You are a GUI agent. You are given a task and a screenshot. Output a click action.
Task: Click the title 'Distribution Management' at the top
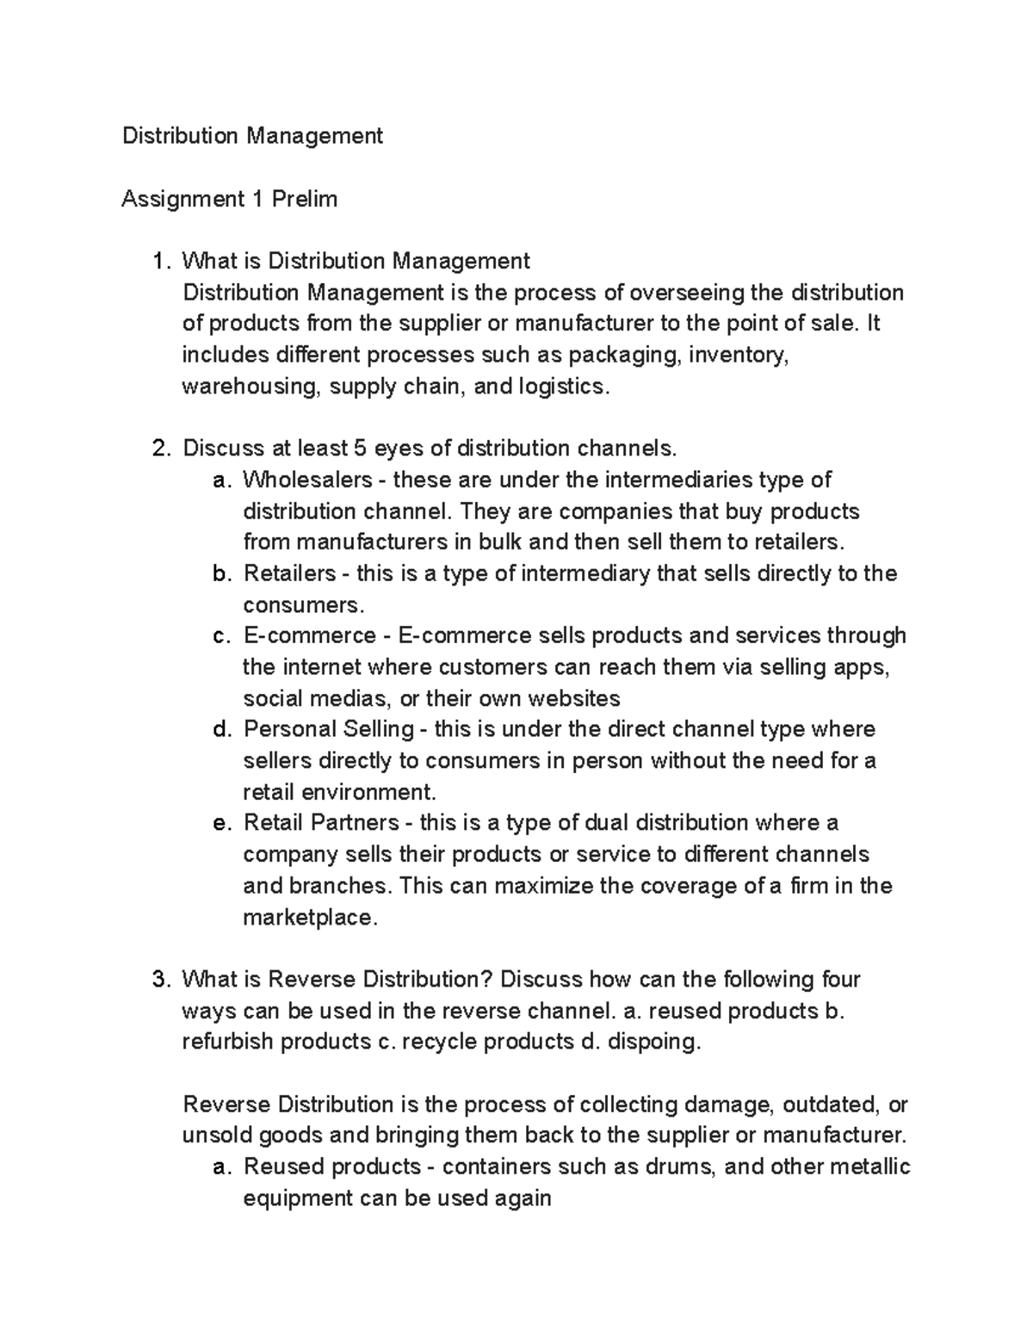(252, 136)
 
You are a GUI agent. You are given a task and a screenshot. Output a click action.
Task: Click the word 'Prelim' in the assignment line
(304, 199)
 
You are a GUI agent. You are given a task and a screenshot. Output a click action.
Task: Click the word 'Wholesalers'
(308, 480)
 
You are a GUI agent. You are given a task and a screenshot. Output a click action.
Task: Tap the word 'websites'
(573, 698)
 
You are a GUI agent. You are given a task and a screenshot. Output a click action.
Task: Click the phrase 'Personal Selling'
(328, 729)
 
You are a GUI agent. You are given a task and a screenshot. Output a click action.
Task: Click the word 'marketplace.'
(310, 918)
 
